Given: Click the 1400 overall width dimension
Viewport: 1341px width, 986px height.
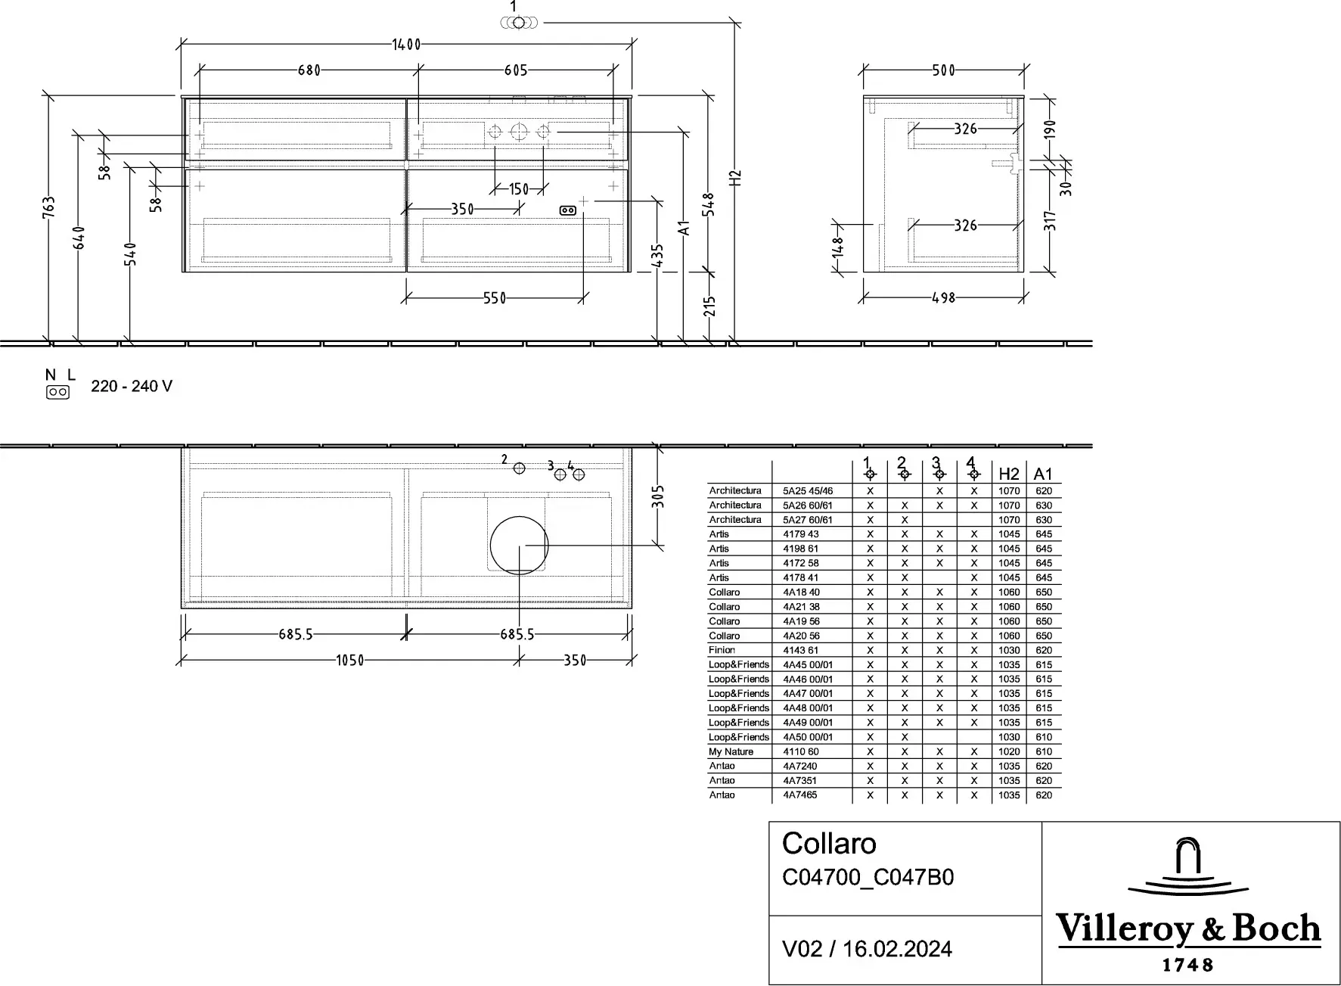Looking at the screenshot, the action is click(406, 45).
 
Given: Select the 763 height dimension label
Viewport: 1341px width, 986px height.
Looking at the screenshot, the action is click(48, 207).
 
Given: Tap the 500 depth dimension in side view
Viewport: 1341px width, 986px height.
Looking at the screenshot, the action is click(944, 70).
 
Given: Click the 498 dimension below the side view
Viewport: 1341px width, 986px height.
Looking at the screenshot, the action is click(944, 298).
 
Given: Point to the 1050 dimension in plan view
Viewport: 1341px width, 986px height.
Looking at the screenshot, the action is click(350, 661).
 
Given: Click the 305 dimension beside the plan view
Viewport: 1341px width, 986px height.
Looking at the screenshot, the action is click(658, 496).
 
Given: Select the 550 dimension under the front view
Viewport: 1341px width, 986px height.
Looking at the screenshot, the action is click(495, 298).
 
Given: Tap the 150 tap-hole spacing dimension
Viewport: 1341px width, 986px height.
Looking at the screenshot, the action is click(519, 189).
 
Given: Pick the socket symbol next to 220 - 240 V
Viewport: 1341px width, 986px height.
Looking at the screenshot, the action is click(58, 392).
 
